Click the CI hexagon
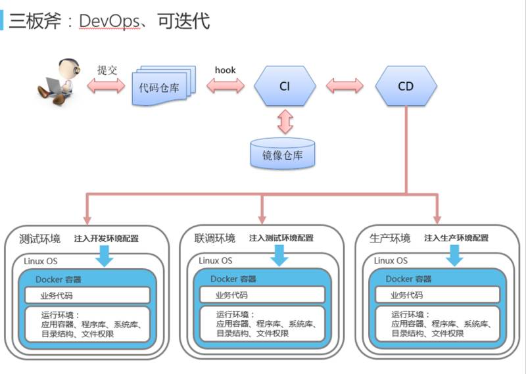point(285,86)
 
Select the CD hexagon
point(406,86)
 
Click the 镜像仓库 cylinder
point(282,155)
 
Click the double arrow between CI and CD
point(345,86)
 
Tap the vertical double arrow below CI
point(285,122)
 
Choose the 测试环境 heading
point(40,238)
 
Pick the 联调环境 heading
point(215,238)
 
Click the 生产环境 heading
point(390,238)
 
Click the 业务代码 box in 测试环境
point(87,295)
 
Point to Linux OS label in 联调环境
point(216,261)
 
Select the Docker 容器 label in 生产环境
point(408,279)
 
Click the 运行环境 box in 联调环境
point(262,324)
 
